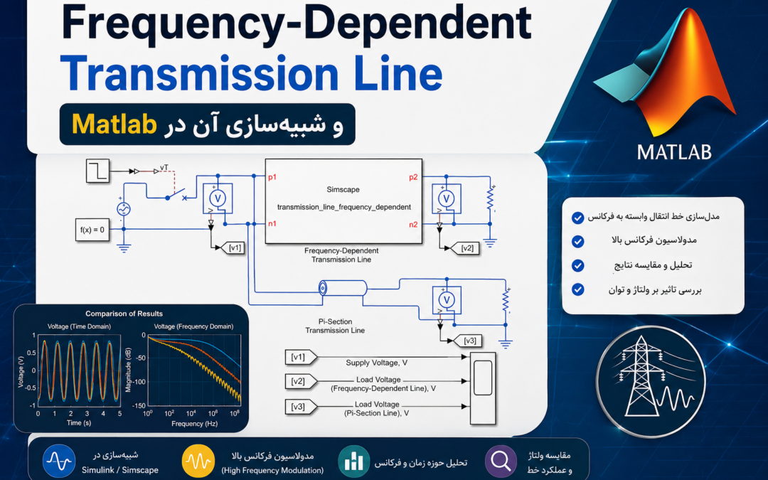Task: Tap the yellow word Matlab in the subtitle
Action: [114, 124]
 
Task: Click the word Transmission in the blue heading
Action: [199, 73]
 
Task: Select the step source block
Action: [97, 171]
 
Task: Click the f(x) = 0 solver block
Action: [92, 230]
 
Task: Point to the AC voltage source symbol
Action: [124, 209]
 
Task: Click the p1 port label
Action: [272, 177]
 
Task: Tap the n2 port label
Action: [413, 225]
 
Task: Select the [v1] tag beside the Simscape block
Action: [233, 248]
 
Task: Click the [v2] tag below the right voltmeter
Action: [465, 248]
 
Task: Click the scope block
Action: [482, 388]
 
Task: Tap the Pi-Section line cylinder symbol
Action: [342, 288]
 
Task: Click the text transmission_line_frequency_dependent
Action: [344, 207]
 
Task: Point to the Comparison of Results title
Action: [124, 314]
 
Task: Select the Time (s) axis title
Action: [78, 422]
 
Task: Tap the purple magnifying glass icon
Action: [501, 461]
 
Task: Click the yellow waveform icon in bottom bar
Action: [198, 461]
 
